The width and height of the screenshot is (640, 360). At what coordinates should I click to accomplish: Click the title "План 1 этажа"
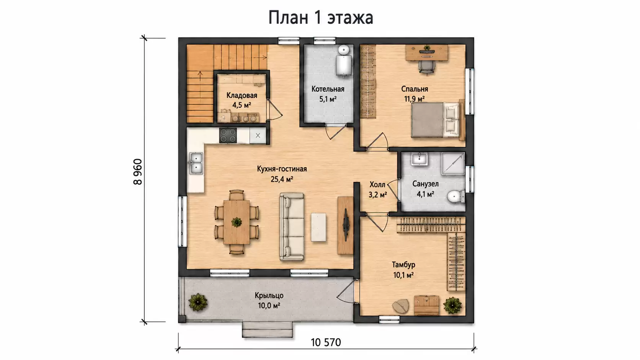tap(320, 18)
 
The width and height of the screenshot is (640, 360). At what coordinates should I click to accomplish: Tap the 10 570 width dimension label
tap(326, 342)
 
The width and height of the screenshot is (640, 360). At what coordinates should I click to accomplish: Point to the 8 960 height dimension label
tap(138, 172)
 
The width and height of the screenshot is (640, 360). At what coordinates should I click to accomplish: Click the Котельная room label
tap(328, 89)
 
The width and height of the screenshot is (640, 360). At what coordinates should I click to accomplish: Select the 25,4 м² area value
tap(282, 179)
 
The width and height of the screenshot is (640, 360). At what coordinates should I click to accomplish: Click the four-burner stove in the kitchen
tap(228, 135)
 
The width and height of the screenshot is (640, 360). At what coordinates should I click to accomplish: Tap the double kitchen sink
tap(196, 163)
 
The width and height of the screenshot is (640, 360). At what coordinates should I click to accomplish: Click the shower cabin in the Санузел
tap(453, 163)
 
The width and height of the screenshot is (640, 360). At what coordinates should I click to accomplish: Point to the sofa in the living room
tap(291, 227)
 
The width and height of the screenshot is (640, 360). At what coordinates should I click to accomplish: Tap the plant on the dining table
tap(237, 222)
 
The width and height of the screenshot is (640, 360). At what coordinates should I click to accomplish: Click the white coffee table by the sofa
tap(318, 227)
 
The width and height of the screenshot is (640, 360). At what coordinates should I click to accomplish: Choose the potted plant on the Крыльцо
tap(198, 302)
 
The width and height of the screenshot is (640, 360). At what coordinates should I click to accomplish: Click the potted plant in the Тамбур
tap(452, 305)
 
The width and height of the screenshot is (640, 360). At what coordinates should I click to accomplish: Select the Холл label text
tap(377, 184)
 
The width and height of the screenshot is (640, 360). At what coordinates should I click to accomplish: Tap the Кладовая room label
tap(242, 95)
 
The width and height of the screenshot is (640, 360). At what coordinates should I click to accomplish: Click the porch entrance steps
tap(268, 330)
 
